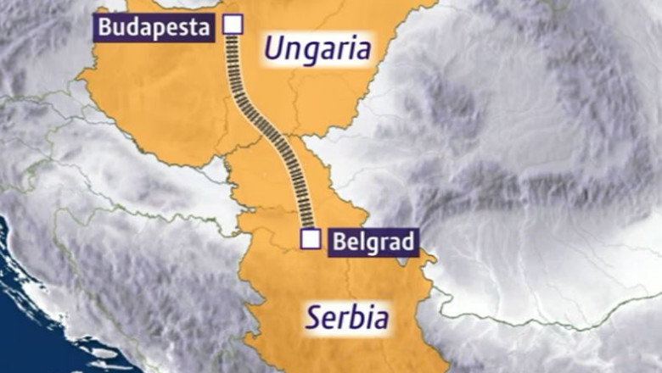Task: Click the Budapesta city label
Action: coord(154,27)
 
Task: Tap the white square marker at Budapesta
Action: coord(232,25)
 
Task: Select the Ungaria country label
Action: coord(317,48)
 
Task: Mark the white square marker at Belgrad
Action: coord(311,239)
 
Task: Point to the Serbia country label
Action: coord(348,319)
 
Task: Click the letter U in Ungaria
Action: coord(273,48)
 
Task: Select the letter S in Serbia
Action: coord(313,319)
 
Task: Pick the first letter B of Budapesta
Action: coord(105,27)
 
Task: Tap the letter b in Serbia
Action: coord(354,318)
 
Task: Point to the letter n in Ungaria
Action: coord(291,50)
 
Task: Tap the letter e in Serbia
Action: coord(329,320)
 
